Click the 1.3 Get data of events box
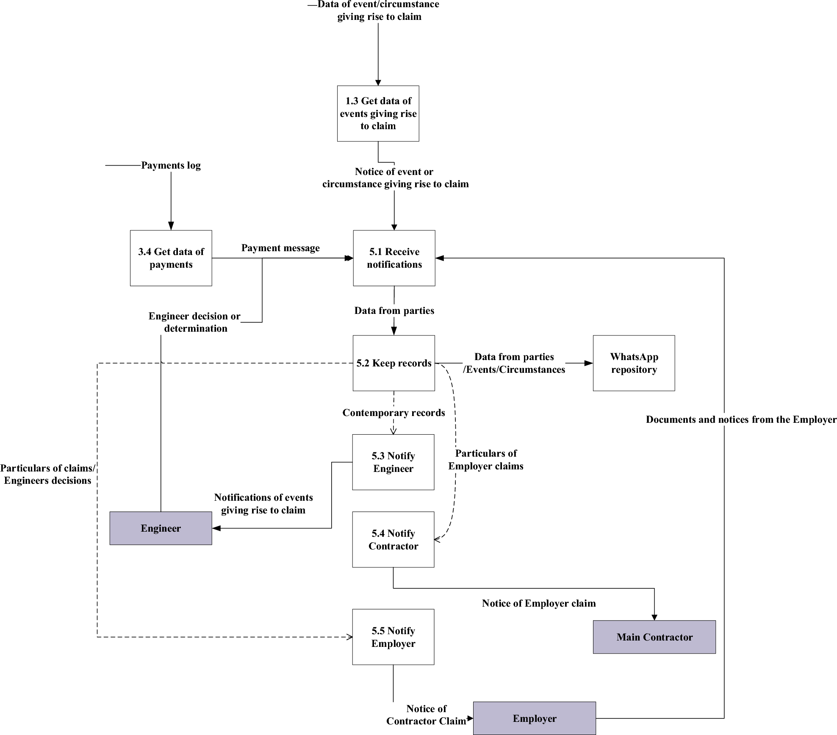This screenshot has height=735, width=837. pyautogui.click(x=378, y=114)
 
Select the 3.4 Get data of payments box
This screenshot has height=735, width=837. pyautogui.click(x=171, y=258)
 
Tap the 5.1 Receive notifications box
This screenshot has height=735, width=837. pyautogui.click(x=394, y=258)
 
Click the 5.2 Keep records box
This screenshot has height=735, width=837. pyautogui.click(x=394, y=363)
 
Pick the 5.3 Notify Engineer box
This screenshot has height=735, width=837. pyautogui.click(x=393, y=462)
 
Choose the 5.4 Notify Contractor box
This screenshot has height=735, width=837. pyautogui.click(x=393, y=539)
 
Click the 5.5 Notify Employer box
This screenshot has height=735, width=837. pyautogui.click(x=393, y=637)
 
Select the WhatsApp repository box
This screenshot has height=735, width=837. pyautogui.click(x=634, y=363)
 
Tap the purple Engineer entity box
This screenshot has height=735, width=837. pyautogui.click(x=161, y=528)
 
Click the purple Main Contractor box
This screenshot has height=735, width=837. pyautogui.click(x=654, y=637)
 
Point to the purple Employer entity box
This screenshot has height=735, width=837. pyautogui.click(x=534, y=718)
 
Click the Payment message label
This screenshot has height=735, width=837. pyautogui.click(x=280, y=248)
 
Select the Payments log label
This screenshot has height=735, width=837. pyautogui.click(x=171, y=165)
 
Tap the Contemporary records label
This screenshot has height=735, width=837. pyautogui.click(x=394, y=413)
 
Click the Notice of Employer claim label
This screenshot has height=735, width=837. pyautogui.click(x=539, y=603)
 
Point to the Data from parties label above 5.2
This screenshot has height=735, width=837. pyautogui.click(x=394, y=311)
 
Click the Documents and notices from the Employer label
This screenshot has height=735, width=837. pyautogui.click(x=741, y=419)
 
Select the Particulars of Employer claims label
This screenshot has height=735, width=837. pyautogui.click(x=486, y=460)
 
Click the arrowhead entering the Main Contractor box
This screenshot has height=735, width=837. pyautogui.click(x=654, y=617)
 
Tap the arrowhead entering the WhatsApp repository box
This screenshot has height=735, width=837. pyautogui.click(x=588, y=363)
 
